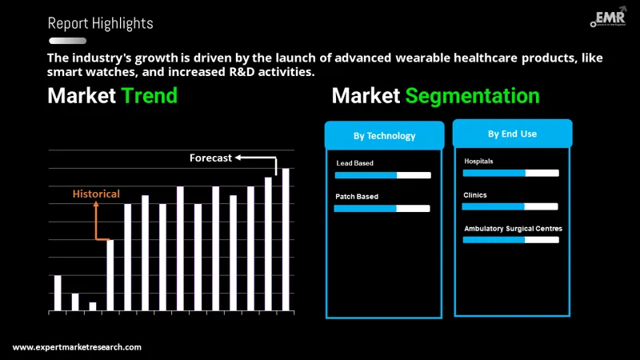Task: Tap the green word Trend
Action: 150,96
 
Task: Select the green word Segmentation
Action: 472,96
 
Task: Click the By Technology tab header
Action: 384,135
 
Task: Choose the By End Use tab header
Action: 512,134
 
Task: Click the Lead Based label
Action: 354,163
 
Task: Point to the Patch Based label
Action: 357,196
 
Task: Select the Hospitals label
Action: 478,161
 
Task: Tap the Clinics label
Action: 474,194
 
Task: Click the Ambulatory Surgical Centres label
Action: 513,228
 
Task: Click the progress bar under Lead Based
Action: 382,175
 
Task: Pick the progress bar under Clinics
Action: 510,206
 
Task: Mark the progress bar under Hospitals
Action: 510,172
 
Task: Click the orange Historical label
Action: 96,194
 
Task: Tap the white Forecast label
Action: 210,158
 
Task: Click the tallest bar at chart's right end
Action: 286,239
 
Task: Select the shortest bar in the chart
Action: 93,306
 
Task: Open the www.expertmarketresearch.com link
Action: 77,347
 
